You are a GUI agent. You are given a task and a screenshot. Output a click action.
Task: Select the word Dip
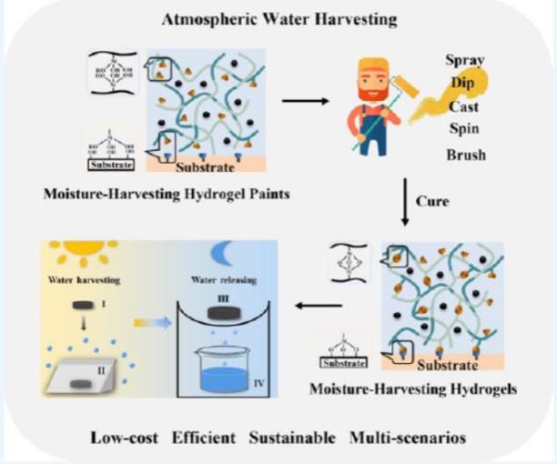pyautogui.click(x=461, y=83)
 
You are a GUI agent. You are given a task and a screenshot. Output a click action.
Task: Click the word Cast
pyautogui.click(x=464, y=106)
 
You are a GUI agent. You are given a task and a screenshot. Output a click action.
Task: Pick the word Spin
pyautogui.click(x=464, y=129)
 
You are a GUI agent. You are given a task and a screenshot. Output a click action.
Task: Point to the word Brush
pyautogui.click(x=465, y=154)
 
